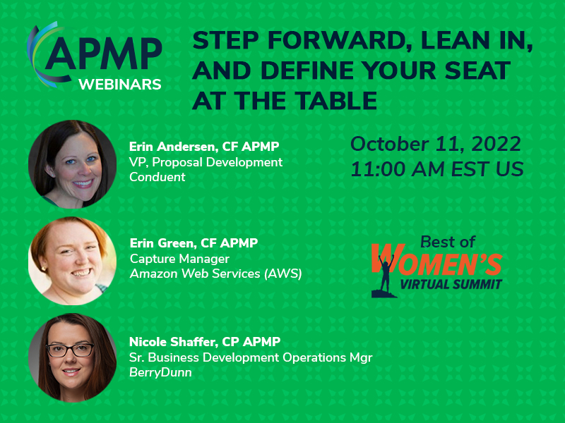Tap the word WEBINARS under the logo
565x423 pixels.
coord(120,85)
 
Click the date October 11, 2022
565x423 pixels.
coord(436,144)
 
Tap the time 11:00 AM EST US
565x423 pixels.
coord(437,169)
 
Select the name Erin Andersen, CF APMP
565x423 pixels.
coord(204,147)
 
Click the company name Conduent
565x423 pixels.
coord(157,177)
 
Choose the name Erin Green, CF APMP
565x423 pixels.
coord(194,243)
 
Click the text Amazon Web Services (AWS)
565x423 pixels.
coord(216,274)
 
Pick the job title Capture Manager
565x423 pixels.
coord(179,259)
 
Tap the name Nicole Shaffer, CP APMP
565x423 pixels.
coord(205,342)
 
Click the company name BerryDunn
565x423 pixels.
coord(160,372)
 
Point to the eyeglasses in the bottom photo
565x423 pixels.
coord(70,350)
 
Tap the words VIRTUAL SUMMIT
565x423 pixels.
coord(451,285)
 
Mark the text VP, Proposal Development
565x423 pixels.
coord(206,162)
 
